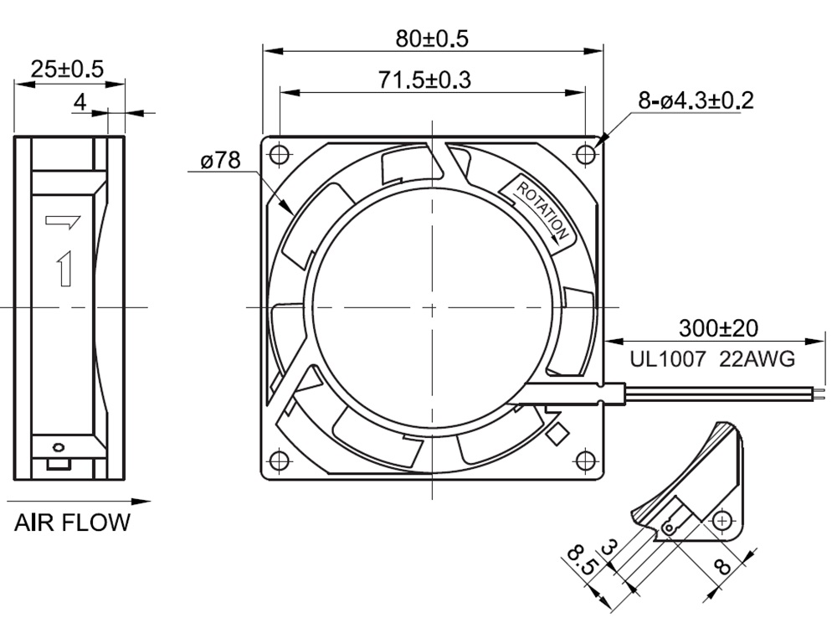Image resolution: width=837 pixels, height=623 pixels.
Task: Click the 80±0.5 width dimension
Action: click(x=432, y=39)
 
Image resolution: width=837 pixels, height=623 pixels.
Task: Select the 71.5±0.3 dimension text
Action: click(x=425, y=80)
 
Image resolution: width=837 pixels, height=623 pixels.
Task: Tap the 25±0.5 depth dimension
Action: click(x=67, y=70)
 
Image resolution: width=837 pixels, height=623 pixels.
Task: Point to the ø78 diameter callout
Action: click(x=220, y=160)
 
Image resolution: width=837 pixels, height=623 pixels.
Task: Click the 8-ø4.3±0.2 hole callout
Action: click(x=696, y=100)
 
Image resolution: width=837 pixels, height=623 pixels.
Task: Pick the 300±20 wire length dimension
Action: click(x=718, y=328)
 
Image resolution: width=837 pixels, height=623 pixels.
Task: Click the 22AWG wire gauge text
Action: click(x=757, y=359)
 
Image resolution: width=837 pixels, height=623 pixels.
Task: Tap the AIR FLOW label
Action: click(x=72, y=523)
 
